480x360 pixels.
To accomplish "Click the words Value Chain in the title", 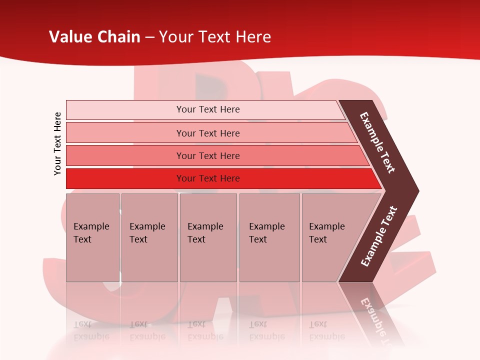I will (94, 37).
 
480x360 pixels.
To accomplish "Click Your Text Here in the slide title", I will (215, 37).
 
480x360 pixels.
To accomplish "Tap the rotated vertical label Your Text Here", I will (57, 143).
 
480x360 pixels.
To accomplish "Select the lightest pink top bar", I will (125, 110).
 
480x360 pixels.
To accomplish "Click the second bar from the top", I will (125, 133).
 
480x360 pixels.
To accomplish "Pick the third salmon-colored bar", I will (125, 155).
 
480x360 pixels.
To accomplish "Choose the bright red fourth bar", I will (125, 178).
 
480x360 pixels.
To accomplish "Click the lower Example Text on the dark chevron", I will (378, 236).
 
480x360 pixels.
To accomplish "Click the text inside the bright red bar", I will (208, 178).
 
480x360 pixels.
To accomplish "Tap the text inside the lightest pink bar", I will (208, 109).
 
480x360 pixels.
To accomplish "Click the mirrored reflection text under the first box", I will (91, 331).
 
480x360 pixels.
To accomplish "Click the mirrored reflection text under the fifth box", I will (326, 331).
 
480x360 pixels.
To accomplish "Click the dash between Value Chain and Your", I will (149, 37).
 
